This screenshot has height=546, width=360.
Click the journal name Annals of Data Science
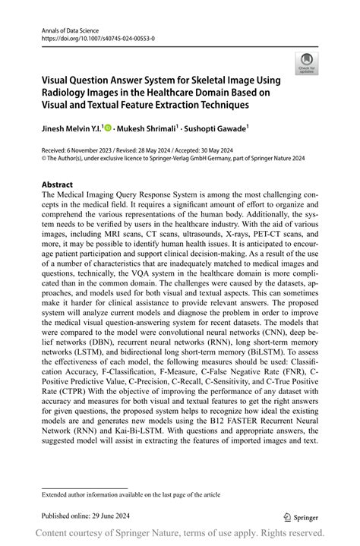coord(67,27)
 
